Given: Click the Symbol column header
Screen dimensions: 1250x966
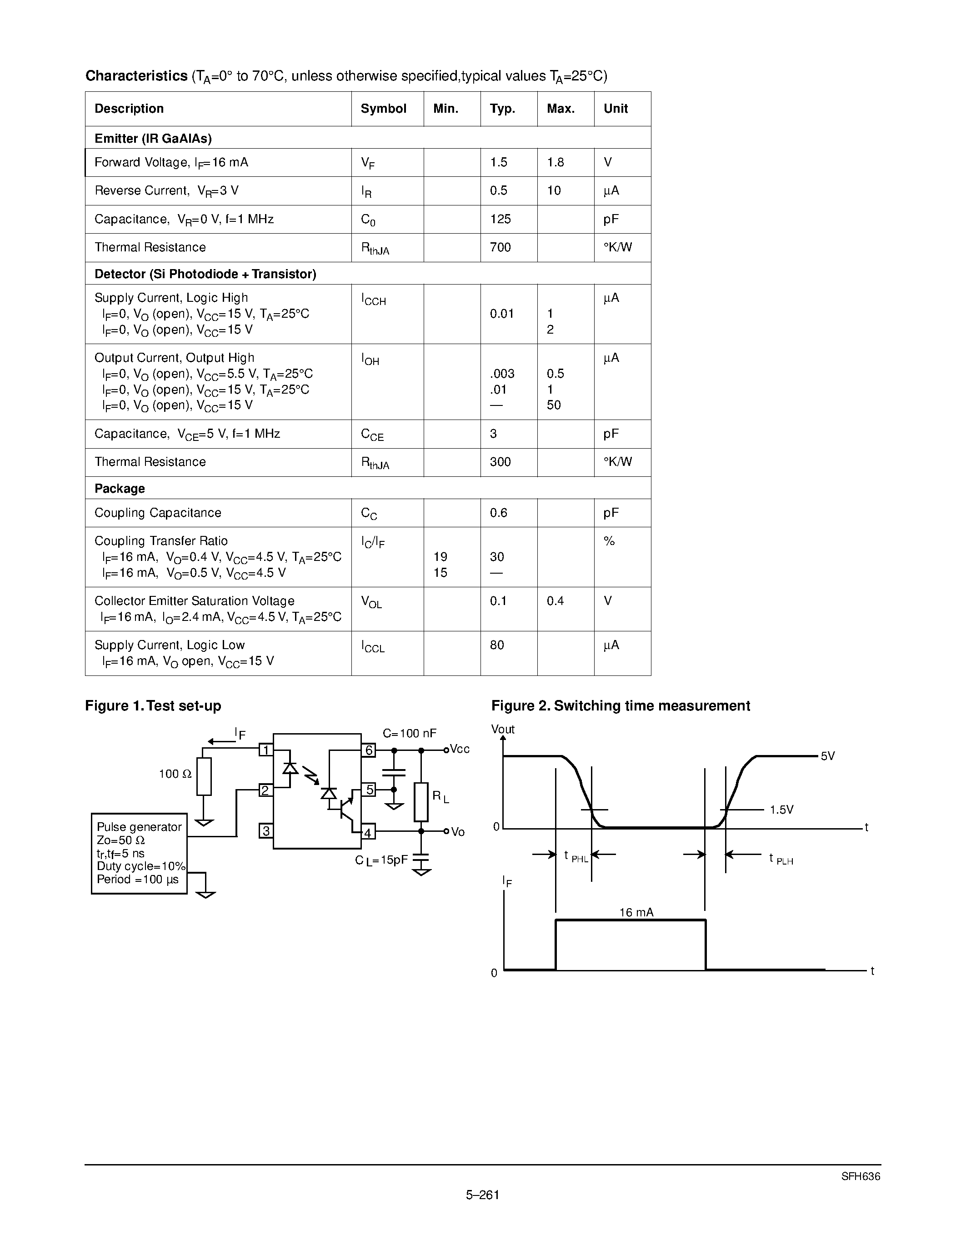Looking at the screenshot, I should coord(383,109).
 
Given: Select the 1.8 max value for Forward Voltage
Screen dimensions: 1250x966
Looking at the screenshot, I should coord(555,163).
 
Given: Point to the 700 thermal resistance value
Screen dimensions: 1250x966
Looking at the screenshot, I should coord(500,247).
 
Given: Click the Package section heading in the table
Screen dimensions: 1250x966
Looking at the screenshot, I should coord(120,488).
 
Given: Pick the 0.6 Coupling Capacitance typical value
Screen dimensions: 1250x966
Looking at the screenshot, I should coord(498,513).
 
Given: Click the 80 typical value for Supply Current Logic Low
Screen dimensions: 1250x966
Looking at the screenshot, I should coord(497,645).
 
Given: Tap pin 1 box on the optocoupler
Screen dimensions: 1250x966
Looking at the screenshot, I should coord(266,749).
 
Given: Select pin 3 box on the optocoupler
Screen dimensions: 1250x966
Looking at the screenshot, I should coord(266,830).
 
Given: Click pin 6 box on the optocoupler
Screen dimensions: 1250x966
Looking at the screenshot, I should coord(369,750).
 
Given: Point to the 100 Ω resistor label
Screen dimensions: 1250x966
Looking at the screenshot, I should coord(175,774).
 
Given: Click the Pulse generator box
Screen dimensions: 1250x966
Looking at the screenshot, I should coord(139,853).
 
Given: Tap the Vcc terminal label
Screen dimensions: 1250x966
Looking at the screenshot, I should coord(460,749).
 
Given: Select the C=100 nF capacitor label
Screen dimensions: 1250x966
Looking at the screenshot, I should coord(409,733).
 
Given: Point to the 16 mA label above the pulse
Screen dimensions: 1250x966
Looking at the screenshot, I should coord(636,912).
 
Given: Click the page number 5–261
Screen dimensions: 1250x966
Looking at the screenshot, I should coord(482,1195).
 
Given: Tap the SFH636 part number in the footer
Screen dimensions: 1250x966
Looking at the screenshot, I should coord(860,1177).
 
